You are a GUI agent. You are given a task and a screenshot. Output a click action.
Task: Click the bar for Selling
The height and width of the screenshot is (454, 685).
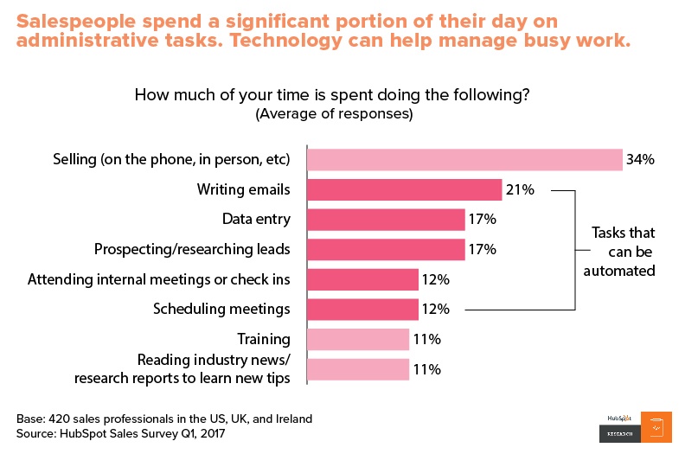tap(464, 160)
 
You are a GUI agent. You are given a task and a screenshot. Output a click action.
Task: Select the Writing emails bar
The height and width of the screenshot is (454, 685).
tap(404, 190)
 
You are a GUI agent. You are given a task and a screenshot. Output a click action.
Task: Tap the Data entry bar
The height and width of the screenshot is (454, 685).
tap(386, 220)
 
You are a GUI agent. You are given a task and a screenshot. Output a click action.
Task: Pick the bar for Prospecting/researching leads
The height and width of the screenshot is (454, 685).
tap(386, 250)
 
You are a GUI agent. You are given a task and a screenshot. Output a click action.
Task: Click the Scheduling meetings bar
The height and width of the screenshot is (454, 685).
tap(363, 309)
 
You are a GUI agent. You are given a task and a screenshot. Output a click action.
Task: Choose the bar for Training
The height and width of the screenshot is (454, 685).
tap(358, 339)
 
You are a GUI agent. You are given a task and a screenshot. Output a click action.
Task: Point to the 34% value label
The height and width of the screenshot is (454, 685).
tap(641, 160)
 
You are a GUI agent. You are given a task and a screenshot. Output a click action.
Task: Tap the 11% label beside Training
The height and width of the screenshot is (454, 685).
tap(428, 339)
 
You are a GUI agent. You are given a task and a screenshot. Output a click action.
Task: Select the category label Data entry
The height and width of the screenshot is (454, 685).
tap(256, 220)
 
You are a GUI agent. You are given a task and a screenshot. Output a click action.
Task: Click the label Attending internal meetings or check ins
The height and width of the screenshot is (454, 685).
tap(159, 279)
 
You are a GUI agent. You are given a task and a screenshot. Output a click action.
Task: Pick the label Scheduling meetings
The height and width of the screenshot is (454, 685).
tap(221, 309)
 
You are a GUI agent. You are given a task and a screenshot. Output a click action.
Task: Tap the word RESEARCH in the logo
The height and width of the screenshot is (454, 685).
tap(618, 433)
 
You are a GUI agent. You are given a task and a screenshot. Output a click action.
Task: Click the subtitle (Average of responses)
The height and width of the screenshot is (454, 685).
tap(334, 113)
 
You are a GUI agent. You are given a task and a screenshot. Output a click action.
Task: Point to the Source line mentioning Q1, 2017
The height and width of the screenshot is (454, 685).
tap(120, 433)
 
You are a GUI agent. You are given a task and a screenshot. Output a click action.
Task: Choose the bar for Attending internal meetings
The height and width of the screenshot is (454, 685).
tap(363, 279)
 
